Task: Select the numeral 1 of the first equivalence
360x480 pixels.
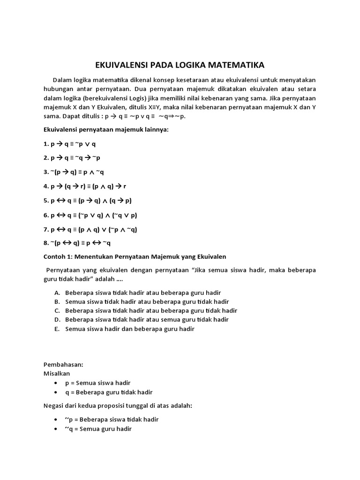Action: (x=45, y=144)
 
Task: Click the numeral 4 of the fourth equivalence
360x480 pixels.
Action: (x=45, y=186)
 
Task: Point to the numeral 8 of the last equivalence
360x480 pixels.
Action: (x=45, y=243)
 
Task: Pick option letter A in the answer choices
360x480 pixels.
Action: (x=57, y=292)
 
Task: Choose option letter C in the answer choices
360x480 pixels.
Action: (x=57, y=310)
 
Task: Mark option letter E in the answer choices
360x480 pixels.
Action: (x=57, y=329)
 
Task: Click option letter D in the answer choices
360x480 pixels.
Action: (x=57, y=319)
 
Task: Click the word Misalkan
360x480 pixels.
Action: (x=57, y=374)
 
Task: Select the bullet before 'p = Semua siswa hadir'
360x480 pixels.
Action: (x=56, y=383)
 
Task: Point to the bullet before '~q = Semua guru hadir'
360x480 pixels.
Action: (x=56, y=429)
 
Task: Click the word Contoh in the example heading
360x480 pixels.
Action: (x=55, y=256)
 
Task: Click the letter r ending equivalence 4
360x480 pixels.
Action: (x=125, y=187)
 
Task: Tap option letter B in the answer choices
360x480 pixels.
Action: (x=57, y=301)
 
